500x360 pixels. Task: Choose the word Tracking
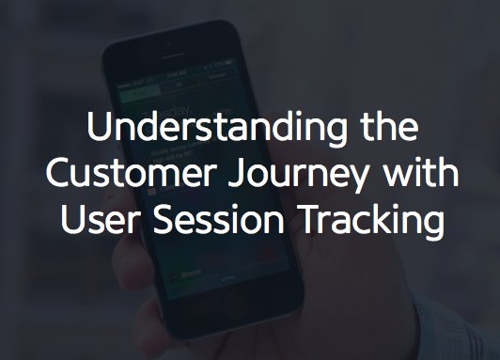click(x=369, y=225)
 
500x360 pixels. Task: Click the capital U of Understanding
click(x=96, y=129)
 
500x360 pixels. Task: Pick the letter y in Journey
click(x=343, y=181)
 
